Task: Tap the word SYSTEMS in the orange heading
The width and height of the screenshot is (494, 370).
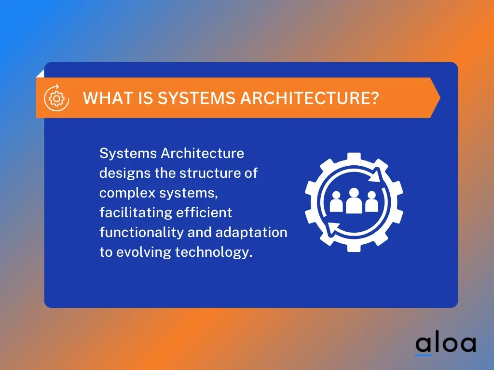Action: click(196, 98)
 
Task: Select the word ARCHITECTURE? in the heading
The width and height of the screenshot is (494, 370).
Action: click(310, 98)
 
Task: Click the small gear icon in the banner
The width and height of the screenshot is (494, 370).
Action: click(57, 98)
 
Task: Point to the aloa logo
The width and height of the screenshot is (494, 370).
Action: click(445, 344)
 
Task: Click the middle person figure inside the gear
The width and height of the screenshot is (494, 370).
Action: click(354, 201)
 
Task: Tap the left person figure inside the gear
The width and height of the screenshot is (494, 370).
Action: click(336, 202)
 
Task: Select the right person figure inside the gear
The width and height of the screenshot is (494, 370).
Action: click(372, 202)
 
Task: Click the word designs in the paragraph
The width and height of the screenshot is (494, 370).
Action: click(125, 173)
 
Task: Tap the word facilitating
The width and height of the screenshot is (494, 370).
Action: click(136, 212)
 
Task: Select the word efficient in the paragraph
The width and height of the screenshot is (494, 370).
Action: click(204, 212)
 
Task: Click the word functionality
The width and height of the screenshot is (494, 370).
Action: click(141, 233)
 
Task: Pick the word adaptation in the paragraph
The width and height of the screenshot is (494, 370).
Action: click(251, 233)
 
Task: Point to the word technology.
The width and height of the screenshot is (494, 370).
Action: click(214, 252)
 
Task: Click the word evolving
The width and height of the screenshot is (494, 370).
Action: click(143, 252)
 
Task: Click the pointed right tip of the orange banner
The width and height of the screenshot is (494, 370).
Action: click(440, 98)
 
